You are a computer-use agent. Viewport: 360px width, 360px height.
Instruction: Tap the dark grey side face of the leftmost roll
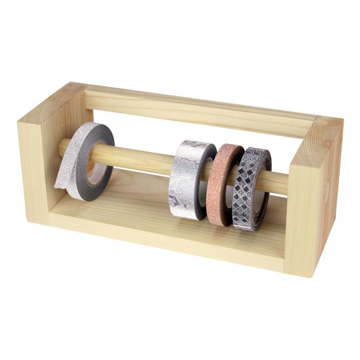[105, 165]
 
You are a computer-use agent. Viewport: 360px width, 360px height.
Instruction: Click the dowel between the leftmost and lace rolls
[144, 161]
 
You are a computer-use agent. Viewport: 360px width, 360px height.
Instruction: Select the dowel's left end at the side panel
[63, 148]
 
